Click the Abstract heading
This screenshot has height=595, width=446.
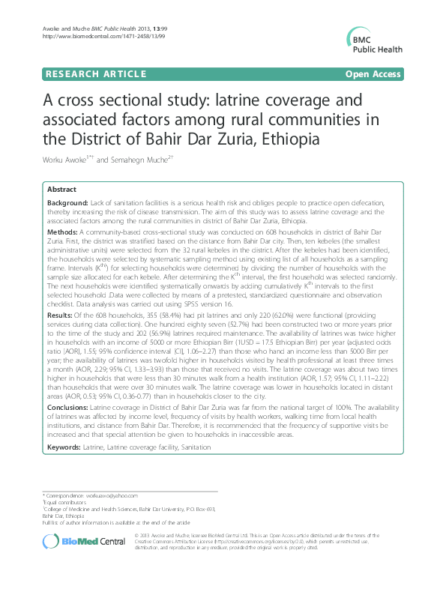coord(61,190)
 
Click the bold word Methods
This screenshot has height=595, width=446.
coord(63,232)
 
